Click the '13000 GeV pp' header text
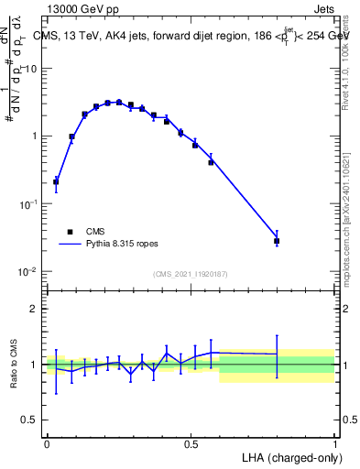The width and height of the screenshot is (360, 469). (82, 9)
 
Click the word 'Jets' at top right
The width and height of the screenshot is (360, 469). (323, 9)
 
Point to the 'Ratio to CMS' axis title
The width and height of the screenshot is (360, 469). (14, 365)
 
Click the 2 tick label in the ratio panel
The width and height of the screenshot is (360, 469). (35, 309)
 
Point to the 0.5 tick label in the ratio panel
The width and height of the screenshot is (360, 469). (29, 420)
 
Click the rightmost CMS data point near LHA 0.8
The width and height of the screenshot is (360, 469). (277, 241)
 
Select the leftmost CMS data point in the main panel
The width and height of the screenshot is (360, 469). (56, 181)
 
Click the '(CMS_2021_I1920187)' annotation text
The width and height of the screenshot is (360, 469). (190, 274)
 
